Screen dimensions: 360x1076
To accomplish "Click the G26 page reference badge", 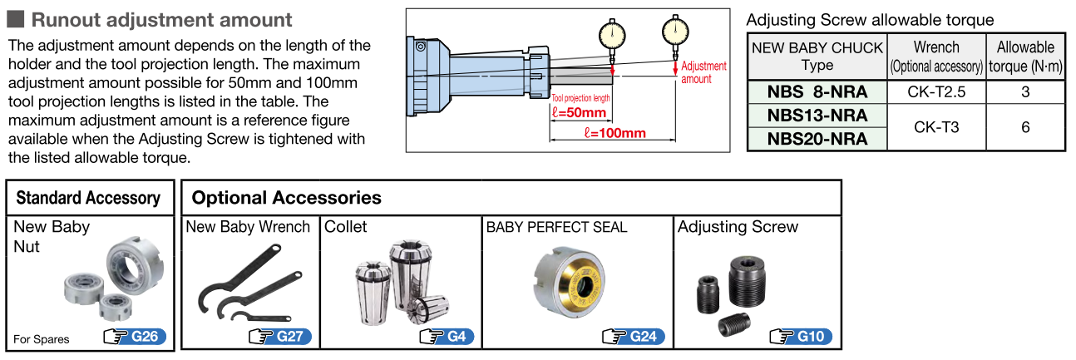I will [x=135, y=337].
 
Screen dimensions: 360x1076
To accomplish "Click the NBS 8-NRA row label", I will [x=817, y=91].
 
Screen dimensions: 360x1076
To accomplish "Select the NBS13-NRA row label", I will [x=817, y=115].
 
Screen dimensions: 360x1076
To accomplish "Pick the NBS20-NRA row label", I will [x=817, y=138].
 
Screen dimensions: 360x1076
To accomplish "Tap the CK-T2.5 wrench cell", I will [x=936, y=91].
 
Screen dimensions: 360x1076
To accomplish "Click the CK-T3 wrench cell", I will [x=936, y=126].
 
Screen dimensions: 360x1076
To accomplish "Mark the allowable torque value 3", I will [x=1025, y=91].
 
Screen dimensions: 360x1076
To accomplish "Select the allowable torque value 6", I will [x=1025, y=126].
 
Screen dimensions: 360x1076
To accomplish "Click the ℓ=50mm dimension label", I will [x=579, y=112].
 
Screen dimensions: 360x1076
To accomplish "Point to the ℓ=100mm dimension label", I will [x=615, y=133].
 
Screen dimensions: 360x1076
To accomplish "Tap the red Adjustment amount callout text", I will [x=703, y=72].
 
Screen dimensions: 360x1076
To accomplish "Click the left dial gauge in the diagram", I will [x=613, y=34].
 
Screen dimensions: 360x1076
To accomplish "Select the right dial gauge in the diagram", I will [x=676, y=32].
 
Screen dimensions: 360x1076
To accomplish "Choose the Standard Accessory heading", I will [x=88, y=198].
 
